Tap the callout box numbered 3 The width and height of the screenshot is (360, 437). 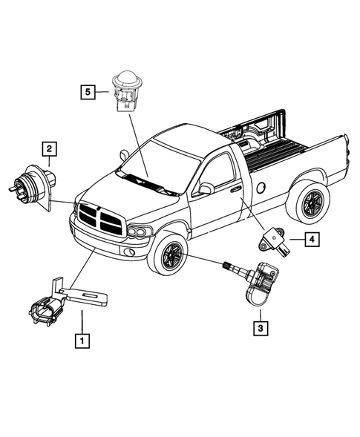[x=261, y=326]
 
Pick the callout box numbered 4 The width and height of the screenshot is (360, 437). [x=312, y=239]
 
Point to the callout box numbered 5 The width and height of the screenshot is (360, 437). [x=88, y=92]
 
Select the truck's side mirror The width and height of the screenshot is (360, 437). [x=206, y=188]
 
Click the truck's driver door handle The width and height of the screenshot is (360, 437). [x=235, y=190]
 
